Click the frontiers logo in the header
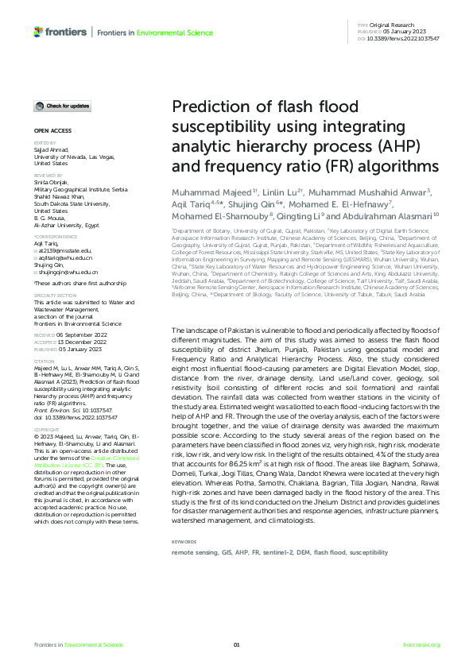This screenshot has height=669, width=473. click(x=60, y=31)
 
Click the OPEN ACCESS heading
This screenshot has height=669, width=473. click(x=52, y=129)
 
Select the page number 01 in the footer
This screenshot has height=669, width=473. click(x=236, y=644)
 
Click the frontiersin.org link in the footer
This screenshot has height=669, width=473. click(x=421, y=644)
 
